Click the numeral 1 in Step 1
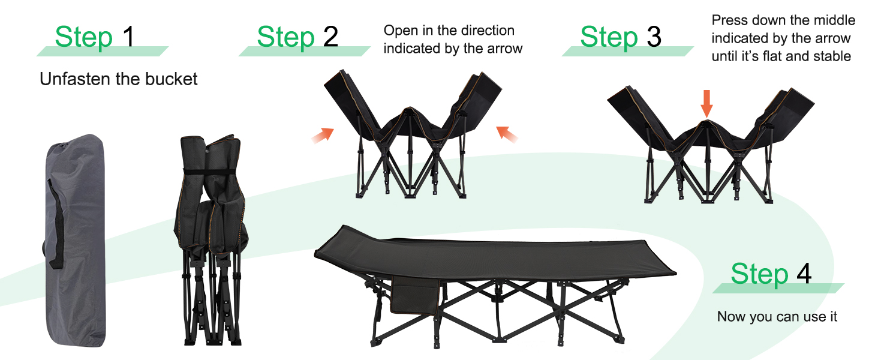point(129,37)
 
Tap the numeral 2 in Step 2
point(330,37)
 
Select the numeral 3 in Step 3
point(654,37)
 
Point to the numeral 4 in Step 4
point(804,274)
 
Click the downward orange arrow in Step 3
point(706,104)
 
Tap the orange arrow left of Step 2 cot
point(323,135)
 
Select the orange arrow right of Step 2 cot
point(507,134)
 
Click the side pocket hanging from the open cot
point(414,295)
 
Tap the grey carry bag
point(75,241)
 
